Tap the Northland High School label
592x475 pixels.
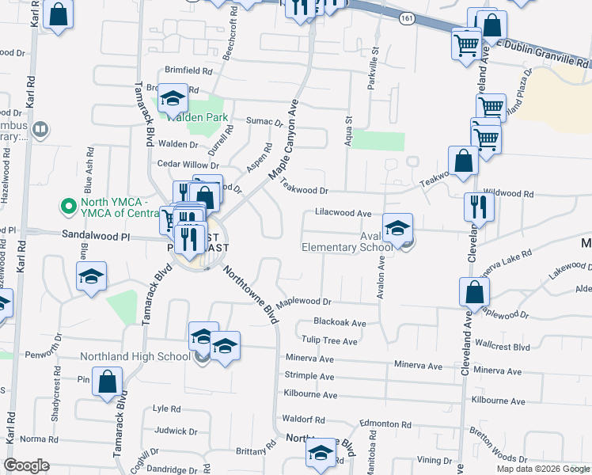[135, 356]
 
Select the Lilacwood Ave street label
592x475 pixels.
[343, 214]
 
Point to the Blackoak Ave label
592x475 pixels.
[340, 323]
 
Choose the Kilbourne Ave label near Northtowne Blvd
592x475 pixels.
[311, 395]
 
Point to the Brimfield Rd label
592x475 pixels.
[188, 70]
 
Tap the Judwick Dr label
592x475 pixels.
[176, 431]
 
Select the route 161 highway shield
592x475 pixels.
[406, 17]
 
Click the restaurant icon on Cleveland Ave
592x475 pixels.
[479, 206]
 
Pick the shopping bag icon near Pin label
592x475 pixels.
[107, 382]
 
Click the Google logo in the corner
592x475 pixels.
[26, 465]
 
